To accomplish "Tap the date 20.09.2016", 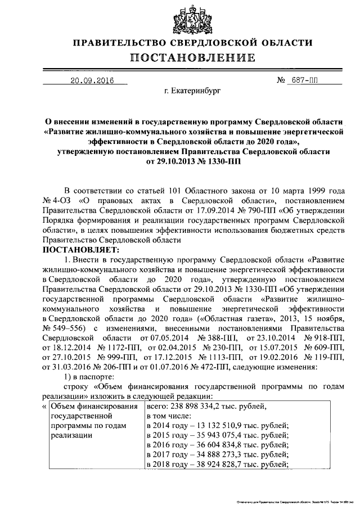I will (91, 80).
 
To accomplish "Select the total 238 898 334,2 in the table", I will (202, 407).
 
